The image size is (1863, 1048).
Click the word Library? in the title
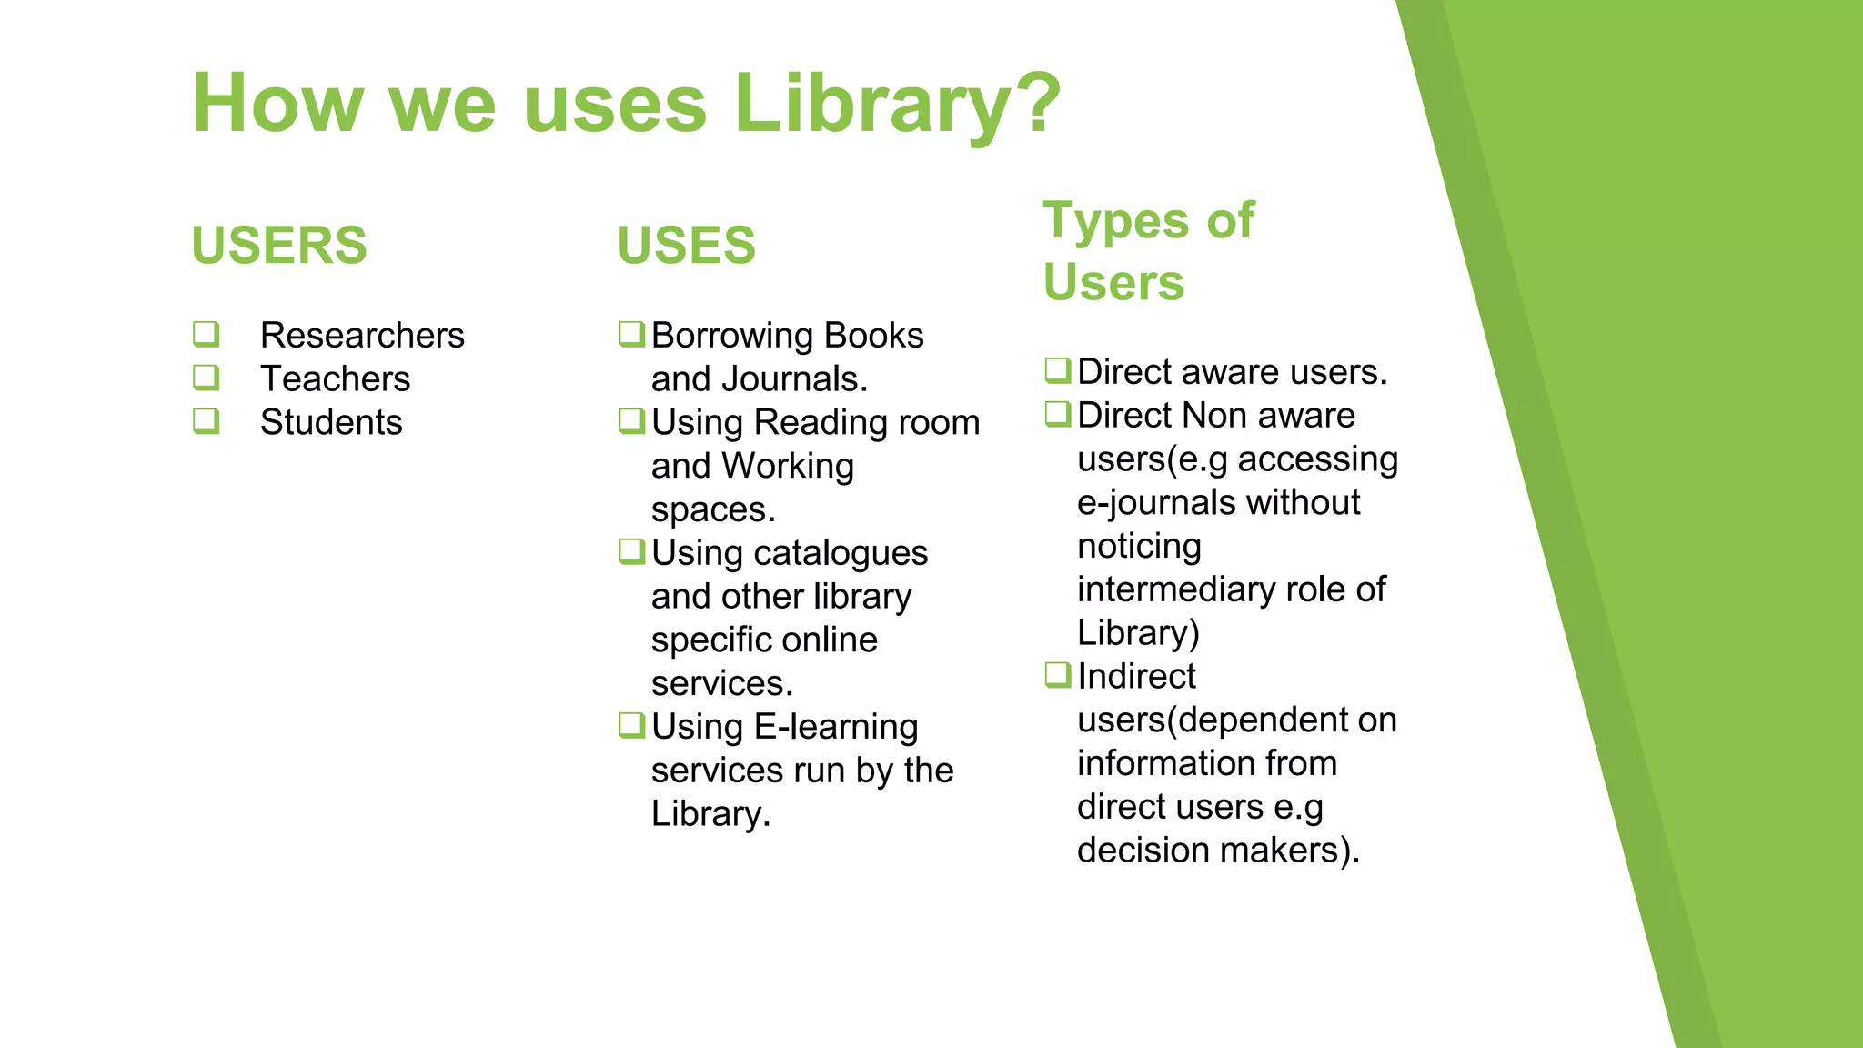point(897,104)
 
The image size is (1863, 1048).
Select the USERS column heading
point(279,246)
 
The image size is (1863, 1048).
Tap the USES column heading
point(686,246)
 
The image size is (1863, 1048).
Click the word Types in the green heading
point(1115,221)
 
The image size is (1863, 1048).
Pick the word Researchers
point(362,336)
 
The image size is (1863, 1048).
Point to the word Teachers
point(335,379)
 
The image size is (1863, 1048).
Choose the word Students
point(331,423)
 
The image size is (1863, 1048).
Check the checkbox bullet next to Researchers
point(206,334)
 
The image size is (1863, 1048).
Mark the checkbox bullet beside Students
point(206,421)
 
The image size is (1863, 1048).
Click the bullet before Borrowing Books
point(631,334)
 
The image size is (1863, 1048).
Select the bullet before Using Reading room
point(631,421)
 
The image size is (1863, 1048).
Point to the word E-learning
point(836,727)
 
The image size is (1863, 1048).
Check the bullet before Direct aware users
point(1057,370)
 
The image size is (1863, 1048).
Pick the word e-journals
point(1155,503)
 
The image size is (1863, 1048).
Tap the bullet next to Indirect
point(1057,675)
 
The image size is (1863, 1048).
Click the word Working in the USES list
point(788,467)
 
